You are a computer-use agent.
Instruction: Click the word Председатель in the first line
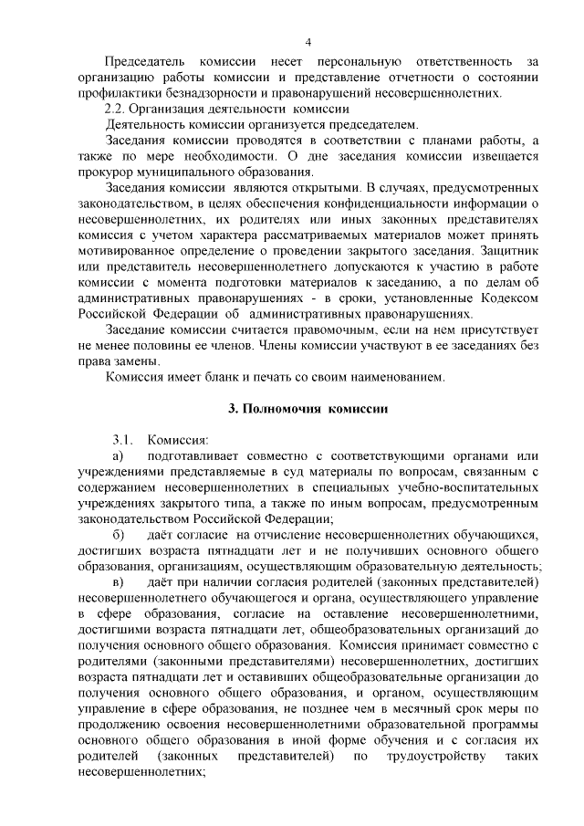pyautogui.click(x=145, y=61)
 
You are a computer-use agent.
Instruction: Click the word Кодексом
pyautogui.click(x=509, y=297)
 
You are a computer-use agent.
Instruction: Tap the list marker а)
pyautogui.click(x=118, y=455)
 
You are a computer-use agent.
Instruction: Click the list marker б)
pyautogui.click(x=118, y=534)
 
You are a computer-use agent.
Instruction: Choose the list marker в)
pyautogui.click(x=118, y=581)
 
